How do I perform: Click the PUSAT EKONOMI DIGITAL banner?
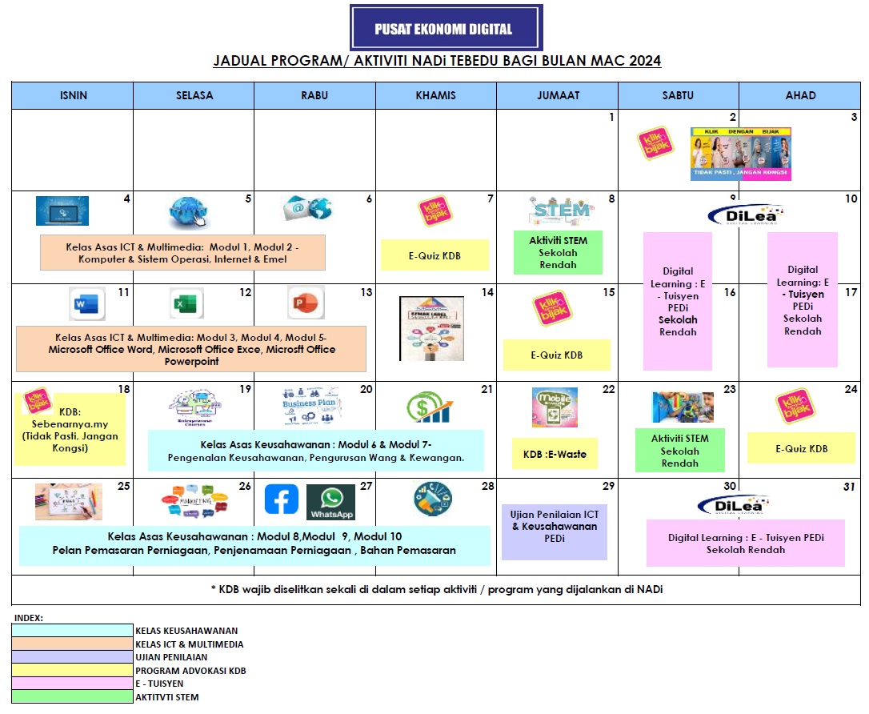tap(446, 28)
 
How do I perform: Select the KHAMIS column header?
tap(435, 95)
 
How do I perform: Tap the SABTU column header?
tap(678, 95)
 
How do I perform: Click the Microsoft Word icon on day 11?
tap(87, 304)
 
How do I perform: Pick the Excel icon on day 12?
tap(187, 304)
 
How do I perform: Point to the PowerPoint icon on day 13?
tap(306, 304)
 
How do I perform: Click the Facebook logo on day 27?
tap(282, 499)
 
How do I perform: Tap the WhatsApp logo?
tap(330, 503)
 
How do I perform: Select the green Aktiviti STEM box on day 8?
tap(559, 252)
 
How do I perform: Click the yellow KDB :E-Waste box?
tap(555, 454)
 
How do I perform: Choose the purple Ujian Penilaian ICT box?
tap(555, 531)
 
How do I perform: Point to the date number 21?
tap(487, 390)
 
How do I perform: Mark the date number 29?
tap(608, 487)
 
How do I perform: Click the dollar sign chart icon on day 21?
tap(429, 407)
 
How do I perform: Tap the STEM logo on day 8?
tap(559, 211)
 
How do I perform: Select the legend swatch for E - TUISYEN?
tap(72, 684)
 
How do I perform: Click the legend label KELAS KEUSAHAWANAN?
tap(186, 631)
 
